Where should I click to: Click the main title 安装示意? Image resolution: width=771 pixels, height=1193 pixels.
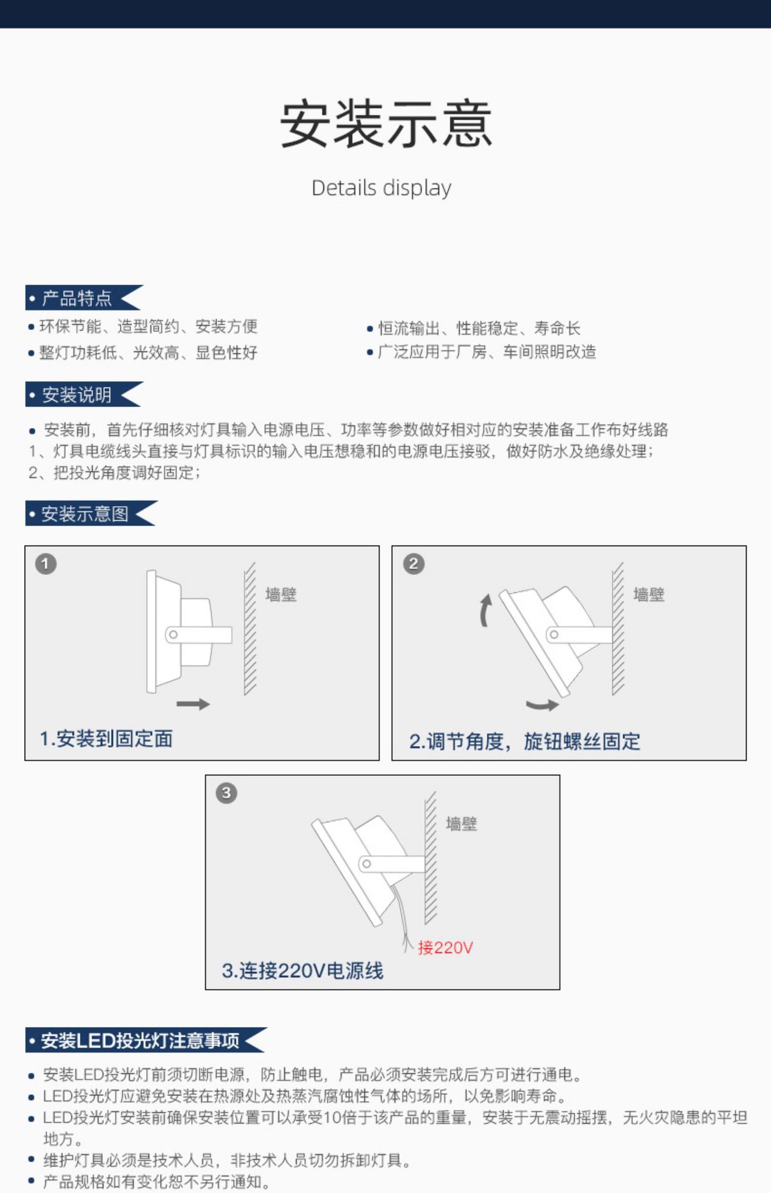click(386, 124)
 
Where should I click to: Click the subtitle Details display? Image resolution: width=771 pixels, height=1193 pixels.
click(381, 188)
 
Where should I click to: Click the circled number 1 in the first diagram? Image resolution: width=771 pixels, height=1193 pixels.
click(45, 564)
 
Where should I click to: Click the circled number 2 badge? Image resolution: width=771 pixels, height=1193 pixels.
click(413, 564)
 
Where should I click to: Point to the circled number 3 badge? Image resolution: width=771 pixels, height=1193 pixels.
click(226, 793)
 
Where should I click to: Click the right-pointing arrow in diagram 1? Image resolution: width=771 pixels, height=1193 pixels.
click(193, 704)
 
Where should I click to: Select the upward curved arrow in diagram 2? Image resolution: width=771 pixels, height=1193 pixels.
click(485, 610)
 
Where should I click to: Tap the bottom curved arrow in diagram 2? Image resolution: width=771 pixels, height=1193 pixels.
click(542, 705)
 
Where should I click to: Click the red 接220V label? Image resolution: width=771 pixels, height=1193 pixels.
click(445, 948)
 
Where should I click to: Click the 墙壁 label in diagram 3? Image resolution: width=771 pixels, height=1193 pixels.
click(461, 824)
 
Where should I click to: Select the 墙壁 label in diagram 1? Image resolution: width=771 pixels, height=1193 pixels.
click(280, 595)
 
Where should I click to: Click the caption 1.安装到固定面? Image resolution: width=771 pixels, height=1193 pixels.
click(106, 739)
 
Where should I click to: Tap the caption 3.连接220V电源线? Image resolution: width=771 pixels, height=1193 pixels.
click(302, 971)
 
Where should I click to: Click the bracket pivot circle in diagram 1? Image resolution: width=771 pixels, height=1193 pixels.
click(173, 634)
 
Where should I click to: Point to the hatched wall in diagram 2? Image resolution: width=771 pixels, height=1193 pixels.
click(618, 628)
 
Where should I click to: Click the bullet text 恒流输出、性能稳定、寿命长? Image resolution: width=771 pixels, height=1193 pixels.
click(479, 328)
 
